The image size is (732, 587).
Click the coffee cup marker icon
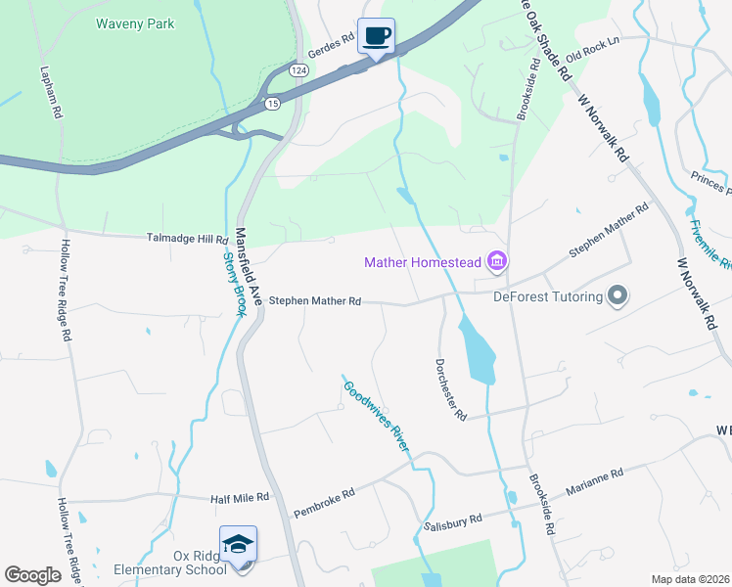pyautogui.click(x=376, y=37)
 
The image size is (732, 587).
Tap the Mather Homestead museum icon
pyautogui.click(x=497, y=261)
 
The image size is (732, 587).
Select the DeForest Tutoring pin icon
pyautogui.click(x=618, y=294)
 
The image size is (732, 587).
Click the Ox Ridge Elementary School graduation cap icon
pyautogui.click(x=238, y=544)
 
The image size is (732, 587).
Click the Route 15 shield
pyautogui.click(x=273, y=104)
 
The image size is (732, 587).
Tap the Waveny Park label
pyautogui.click(x=137, y=23)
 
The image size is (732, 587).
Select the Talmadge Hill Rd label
pyautogui.click(x=187, y=239)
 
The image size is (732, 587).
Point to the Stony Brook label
pyautogui.click(x=233, y=285)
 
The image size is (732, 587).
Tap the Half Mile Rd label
pyautogui.click(x=240, y=498)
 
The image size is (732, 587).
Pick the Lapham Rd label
pyautogui.click(x=50, y=94)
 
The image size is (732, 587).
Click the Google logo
pyautogui.click(x=31, y=574)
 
